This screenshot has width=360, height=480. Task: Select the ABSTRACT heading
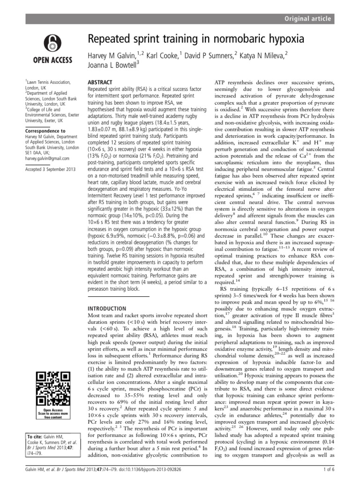pos(101,81)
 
